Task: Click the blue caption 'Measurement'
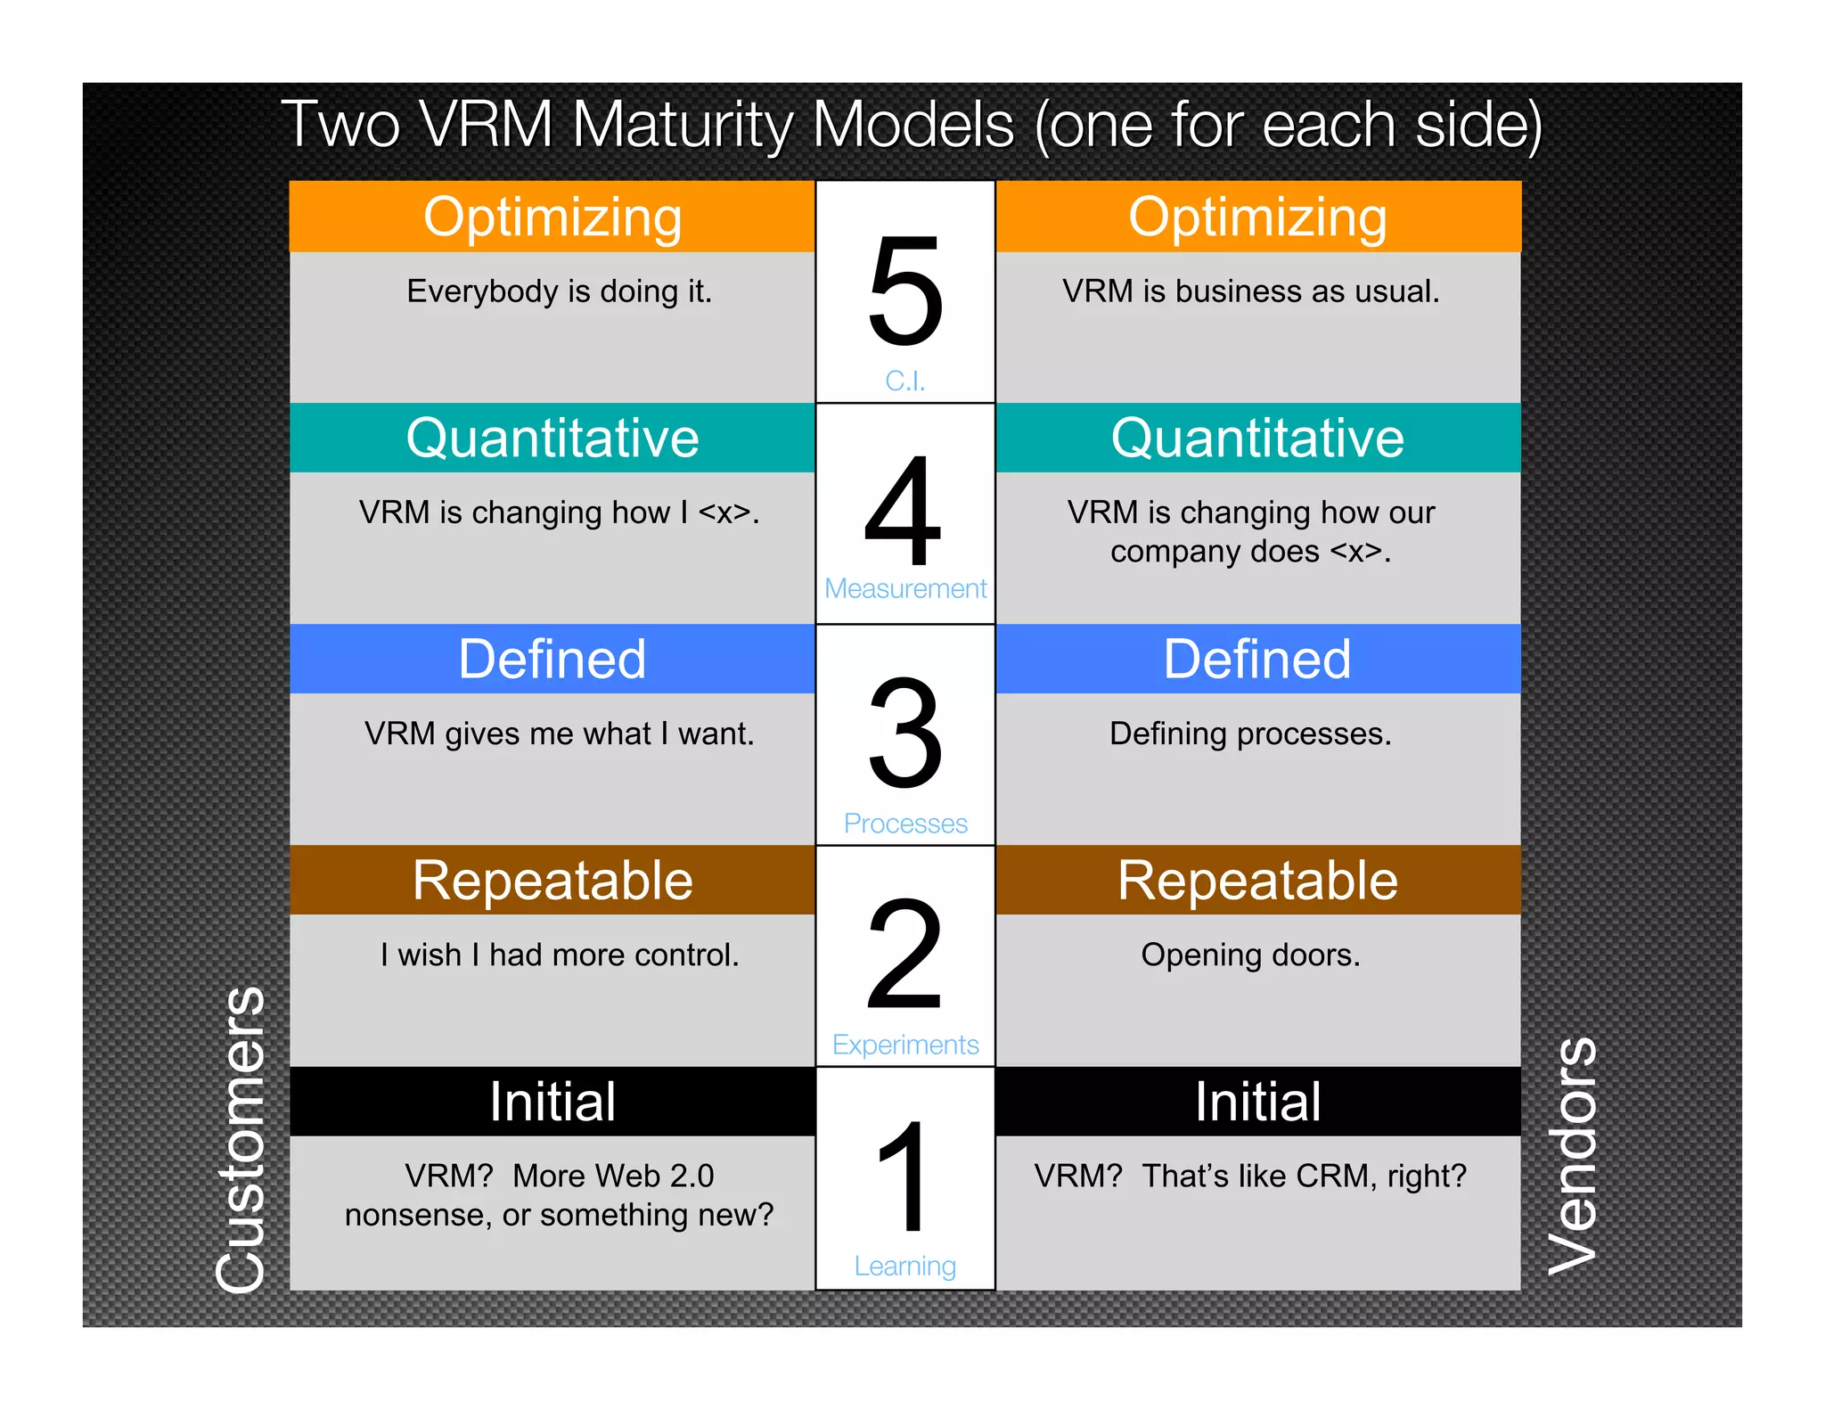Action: coord(905,588)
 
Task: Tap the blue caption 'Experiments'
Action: coord(905,1045)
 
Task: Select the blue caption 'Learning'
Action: coord(905,1266)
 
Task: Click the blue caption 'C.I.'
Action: coord(905,381)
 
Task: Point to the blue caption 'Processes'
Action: coord(905,824)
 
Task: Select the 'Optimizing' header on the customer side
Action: coord(552,217)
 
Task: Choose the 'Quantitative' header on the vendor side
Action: coord(1257,438)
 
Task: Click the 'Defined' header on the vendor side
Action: coord(1257,659)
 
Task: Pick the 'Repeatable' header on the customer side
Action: coord(552,881)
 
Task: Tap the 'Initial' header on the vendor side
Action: coord(1257,1102)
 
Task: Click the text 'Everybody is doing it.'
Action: coord(560,291)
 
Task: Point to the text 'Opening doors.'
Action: coord(1250,955)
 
